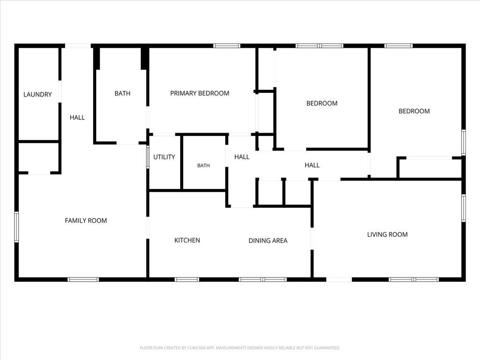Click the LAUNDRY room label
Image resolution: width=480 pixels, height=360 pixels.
37,94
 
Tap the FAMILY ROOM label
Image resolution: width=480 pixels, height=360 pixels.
86,220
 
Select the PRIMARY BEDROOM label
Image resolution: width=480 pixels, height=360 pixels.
200,93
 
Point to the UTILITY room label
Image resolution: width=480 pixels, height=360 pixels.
164,157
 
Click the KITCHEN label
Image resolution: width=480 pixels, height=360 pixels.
187,240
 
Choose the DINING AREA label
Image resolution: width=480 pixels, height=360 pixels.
268,240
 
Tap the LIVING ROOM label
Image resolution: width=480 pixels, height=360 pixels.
387,234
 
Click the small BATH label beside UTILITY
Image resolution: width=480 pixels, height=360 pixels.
203,165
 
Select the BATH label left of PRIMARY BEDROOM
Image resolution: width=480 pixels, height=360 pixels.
122,93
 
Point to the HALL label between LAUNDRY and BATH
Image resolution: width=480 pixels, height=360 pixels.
77,117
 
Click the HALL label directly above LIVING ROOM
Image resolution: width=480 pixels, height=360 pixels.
312,165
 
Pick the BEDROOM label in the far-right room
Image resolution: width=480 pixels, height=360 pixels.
414,111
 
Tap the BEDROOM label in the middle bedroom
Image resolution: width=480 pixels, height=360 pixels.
322,103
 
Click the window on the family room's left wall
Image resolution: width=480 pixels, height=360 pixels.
16,227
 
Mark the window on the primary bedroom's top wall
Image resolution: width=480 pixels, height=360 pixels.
227,46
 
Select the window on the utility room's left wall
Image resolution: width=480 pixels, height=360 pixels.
148,157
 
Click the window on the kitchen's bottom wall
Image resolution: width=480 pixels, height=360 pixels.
187,279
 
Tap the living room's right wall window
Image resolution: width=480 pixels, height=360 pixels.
464,208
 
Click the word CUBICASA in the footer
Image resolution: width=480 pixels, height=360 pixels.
196,348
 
